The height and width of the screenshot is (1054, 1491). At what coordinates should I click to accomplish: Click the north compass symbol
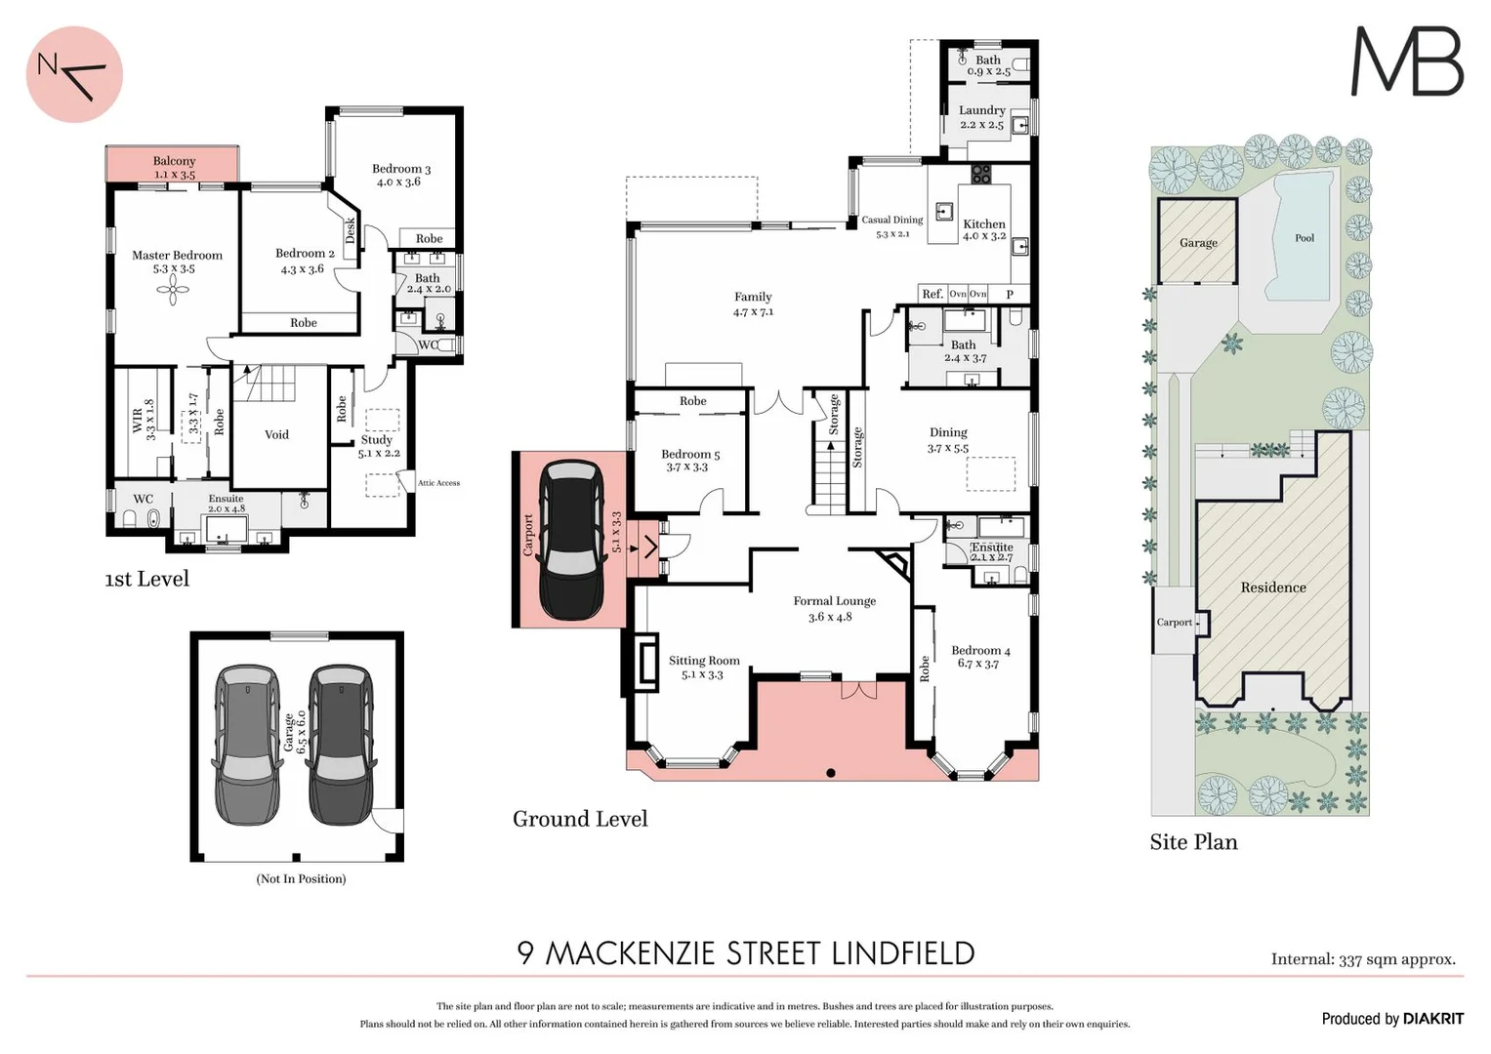[x=74, y=74]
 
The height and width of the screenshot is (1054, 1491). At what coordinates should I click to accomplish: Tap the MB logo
[x=1406, y=61]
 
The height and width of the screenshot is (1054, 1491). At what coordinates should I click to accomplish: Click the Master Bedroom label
[x=177, y=256]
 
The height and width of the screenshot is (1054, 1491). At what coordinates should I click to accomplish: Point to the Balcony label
[x=174, y=161]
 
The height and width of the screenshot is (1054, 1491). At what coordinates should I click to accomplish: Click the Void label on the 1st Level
[x=276, y=434]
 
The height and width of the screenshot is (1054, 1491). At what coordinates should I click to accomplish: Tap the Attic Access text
[x=438, y=483]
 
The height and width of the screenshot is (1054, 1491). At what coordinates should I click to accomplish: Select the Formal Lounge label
[x=834, y=601]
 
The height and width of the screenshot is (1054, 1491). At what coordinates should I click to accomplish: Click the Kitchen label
[x=983, y=223]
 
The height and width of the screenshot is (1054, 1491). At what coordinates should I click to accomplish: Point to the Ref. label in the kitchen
[x=932, y=294]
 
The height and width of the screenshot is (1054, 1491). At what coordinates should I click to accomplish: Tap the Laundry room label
[x=981, y=110]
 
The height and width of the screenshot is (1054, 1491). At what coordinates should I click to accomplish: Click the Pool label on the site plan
[x=1304, y=238]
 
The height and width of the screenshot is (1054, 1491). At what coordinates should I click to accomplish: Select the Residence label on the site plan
[x=1272, y=588]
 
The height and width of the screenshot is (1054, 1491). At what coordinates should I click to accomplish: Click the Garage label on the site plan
[x=1197, y=243]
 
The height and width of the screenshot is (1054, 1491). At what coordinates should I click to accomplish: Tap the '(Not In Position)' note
[x=301, y=878]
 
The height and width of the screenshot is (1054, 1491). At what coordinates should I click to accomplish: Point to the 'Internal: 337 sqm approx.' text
[x=1363, y=959]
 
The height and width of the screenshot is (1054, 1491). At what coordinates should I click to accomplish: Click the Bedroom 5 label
[x=689, y=454]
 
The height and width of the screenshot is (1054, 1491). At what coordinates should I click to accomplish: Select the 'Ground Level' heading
[x=580, y=819]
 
